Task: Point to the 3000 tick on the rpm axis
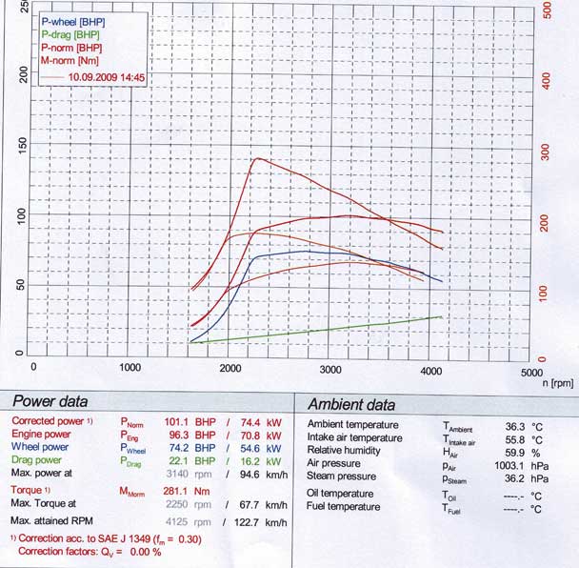coord(330,368)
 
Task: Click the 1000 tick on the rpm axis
coord(130,367)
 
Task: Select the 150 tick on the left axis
coord(23,146)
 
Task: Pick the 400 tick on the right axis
coord(546,78)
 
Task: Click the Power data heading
coord(50,403)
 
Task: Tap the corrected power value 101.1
coord(177,421)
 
